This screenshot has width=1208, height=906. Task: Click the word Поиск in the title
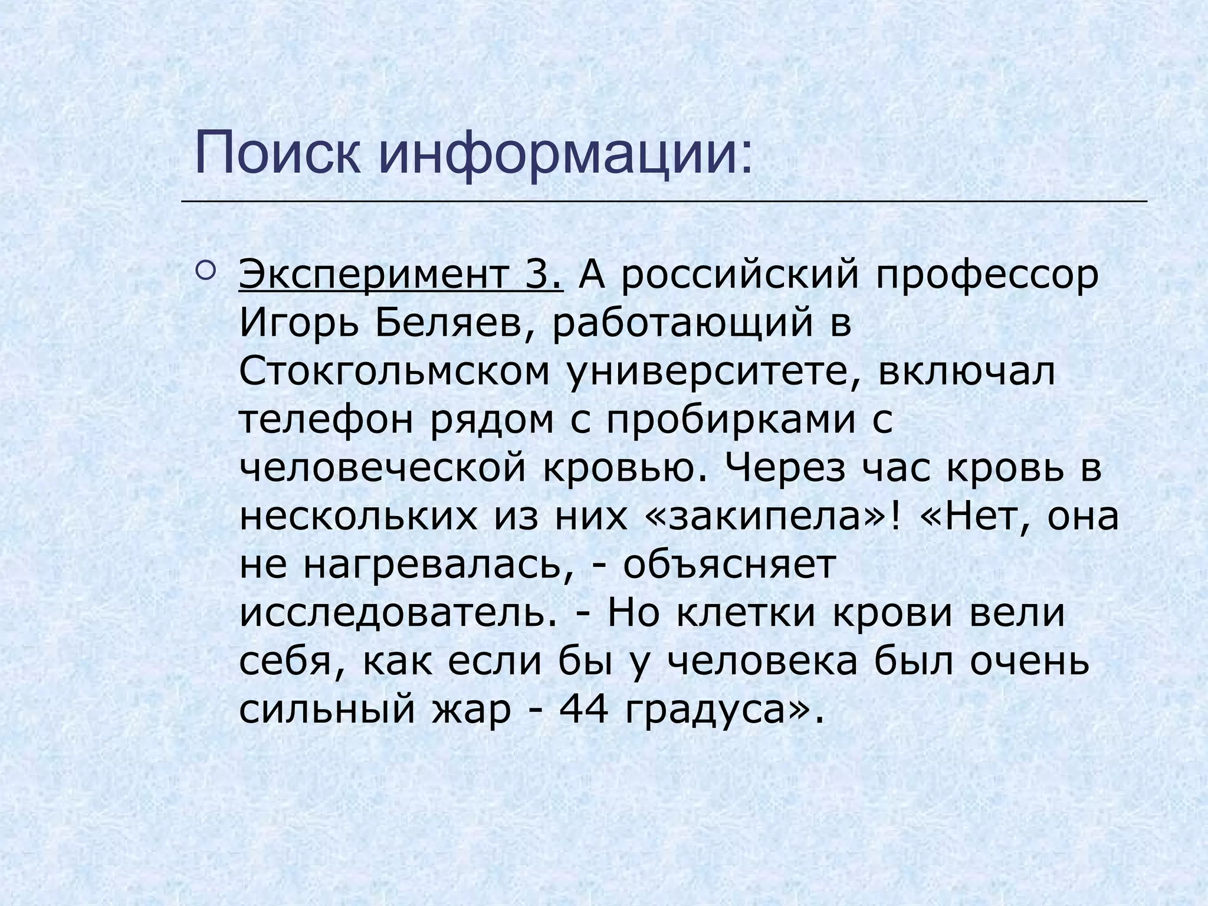click(x=277, y=155)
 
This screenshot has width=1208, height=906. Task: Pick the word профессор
click(x=987, y=276)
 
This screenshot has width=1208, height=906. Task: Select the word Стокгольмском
click(x=394, y=373)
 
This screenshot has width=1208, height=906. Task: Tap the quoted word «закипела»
click(x=766, y=517)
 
